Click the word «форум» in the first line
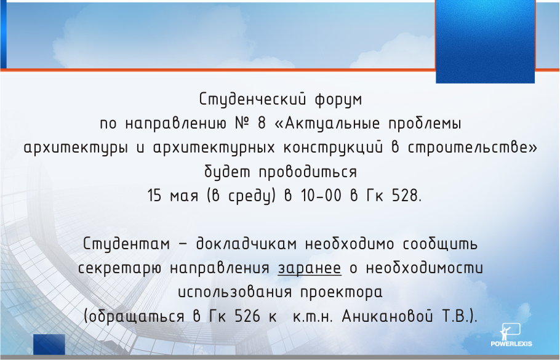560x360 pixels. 338,100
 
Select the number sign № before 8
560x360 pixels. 244,124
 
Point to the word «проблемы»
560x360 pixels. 425,124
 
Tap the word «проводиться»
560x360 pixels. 308,172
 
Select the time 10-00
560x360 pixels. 321,196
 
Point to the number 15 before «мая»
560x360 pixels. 154,196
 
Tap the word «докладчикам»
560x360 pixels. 246,244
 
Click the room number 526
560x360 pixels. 247,317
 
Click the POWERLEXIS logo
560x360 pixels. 511,335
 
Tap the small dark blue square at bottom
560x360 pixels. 49,344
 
